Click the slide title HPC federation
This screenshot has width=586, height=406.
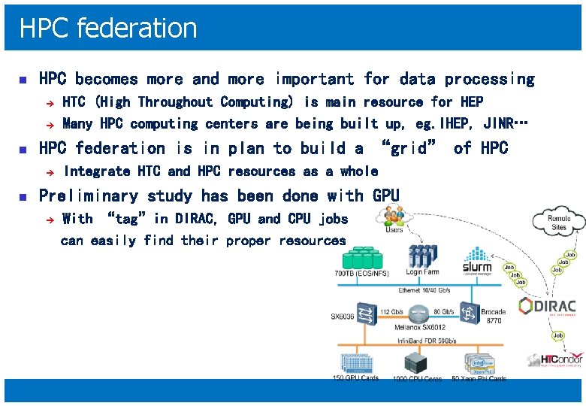[108, 28]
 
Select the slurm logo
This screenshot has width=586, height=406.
[477, 259]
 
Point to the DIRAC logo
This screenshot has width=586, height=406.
[548, 307]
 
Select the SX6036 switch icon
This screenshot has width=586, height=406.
[367, 312]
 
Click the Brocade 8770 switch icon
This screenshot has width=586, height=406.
[470, 311]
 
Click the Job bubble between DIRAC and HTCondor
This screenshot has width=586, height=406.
[558, 335]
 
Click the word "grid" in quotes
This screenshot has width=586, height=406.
[409, 148]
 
